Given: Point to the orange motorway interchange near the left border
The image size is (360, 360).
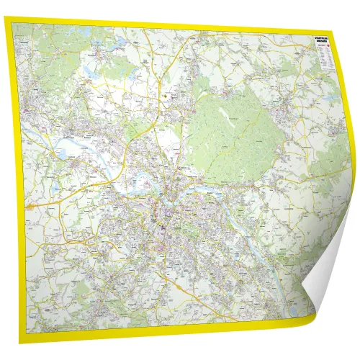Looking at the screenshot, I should pos(32,204).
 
